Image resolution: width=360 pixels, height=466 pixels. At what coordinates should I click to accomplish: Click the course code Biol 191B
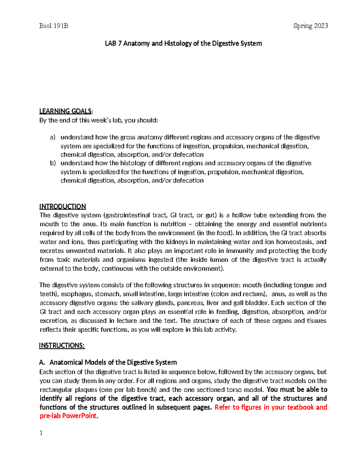54,26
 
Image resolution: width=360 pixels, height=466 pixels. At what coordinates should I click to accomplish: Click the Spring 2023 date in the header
310,26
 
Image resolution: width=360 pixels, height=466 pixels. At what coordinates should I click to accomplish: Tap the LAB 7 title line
183,44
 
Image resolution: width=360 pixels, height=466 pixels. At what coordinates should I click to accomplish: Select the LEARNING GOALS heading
66,111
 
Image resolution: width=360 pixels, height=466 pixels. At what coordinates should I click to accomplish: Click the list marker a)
53,137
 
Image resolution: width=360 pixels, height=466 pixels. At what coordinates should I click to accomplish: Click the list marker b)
53,163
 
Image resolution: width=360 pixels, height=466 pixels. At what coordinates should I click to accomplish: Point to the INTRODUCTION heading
63,206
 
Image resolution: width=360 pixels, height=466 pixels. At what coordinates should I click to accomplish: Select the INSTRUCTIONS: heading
62,346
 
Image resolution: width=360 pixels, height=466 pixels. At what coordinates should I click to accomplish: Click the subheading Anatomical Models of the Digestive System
113,362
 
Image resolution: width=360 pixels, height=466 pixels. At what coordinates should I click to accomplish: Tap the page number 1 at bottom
41,433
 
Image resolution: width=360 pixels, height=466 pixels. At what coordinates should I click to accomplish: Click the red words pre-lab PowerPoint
69,416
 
